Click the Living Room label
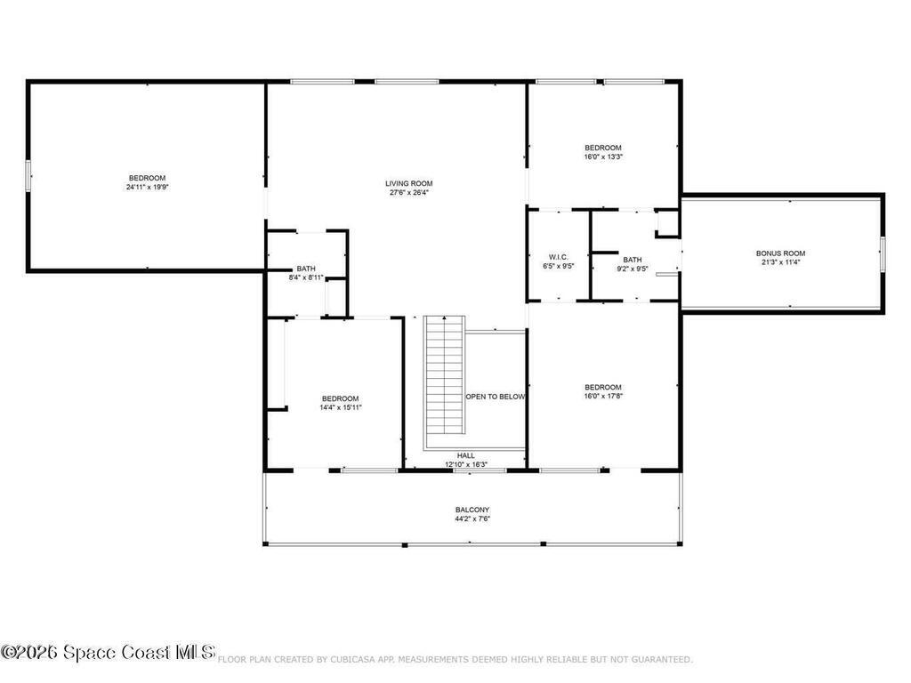coord(409,183)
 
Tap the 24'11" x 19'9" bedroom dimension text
coord(147,188)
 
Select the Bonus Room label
coord(781,253)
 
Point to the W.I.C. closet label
coord(559,257)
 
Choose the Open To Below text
coord(496,397)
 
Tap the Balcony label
coord(472,510)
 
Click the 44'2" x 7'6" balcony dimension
coord(472,518)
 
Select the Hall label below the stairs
coord(466,455)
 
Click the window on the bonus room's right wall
coord(883,253)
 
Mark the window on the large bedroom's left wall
coord(28,175)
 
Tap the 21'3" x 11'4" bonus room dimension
coord(781,262)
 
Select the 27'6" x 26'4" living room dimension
coord(409,192)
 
